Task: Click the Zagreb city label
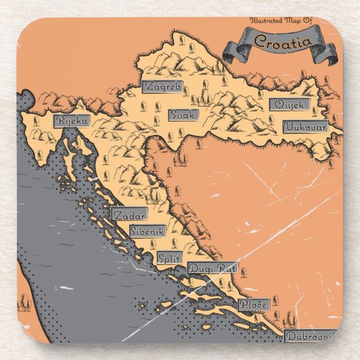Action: point(162,86)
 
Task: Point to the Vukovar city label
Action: point(305,126)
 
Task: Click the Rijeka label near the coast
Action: point(73,121)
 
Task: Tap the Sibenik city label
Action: point(147,230)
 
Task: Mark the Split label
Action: point(168,258)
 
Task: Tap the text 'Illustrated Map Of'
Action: point(281,22)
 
